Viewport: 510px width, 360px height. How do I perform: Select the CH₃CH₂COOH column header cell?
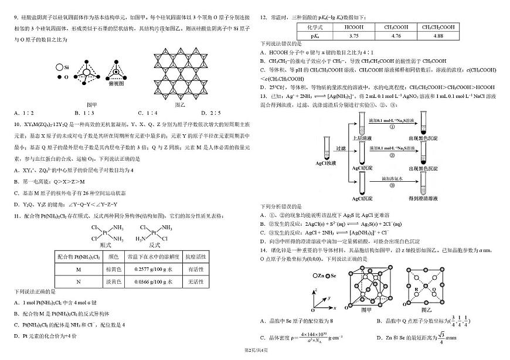(x=438, y=27)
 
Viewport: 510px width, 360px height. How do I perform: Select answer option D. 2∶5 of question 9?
(x=210, y=113)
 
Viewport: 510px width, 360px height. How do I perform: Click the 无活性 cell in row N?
(x=192, y=281)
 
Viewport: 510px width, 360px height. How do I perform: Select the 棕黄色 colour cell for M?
(x=113, y=269)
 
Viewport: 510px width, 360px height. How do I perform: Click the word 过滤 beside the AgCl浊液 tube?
(x=341, y=148)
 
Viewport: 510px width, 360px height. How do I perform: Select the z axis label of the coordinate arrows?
(x=316, y=290)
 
